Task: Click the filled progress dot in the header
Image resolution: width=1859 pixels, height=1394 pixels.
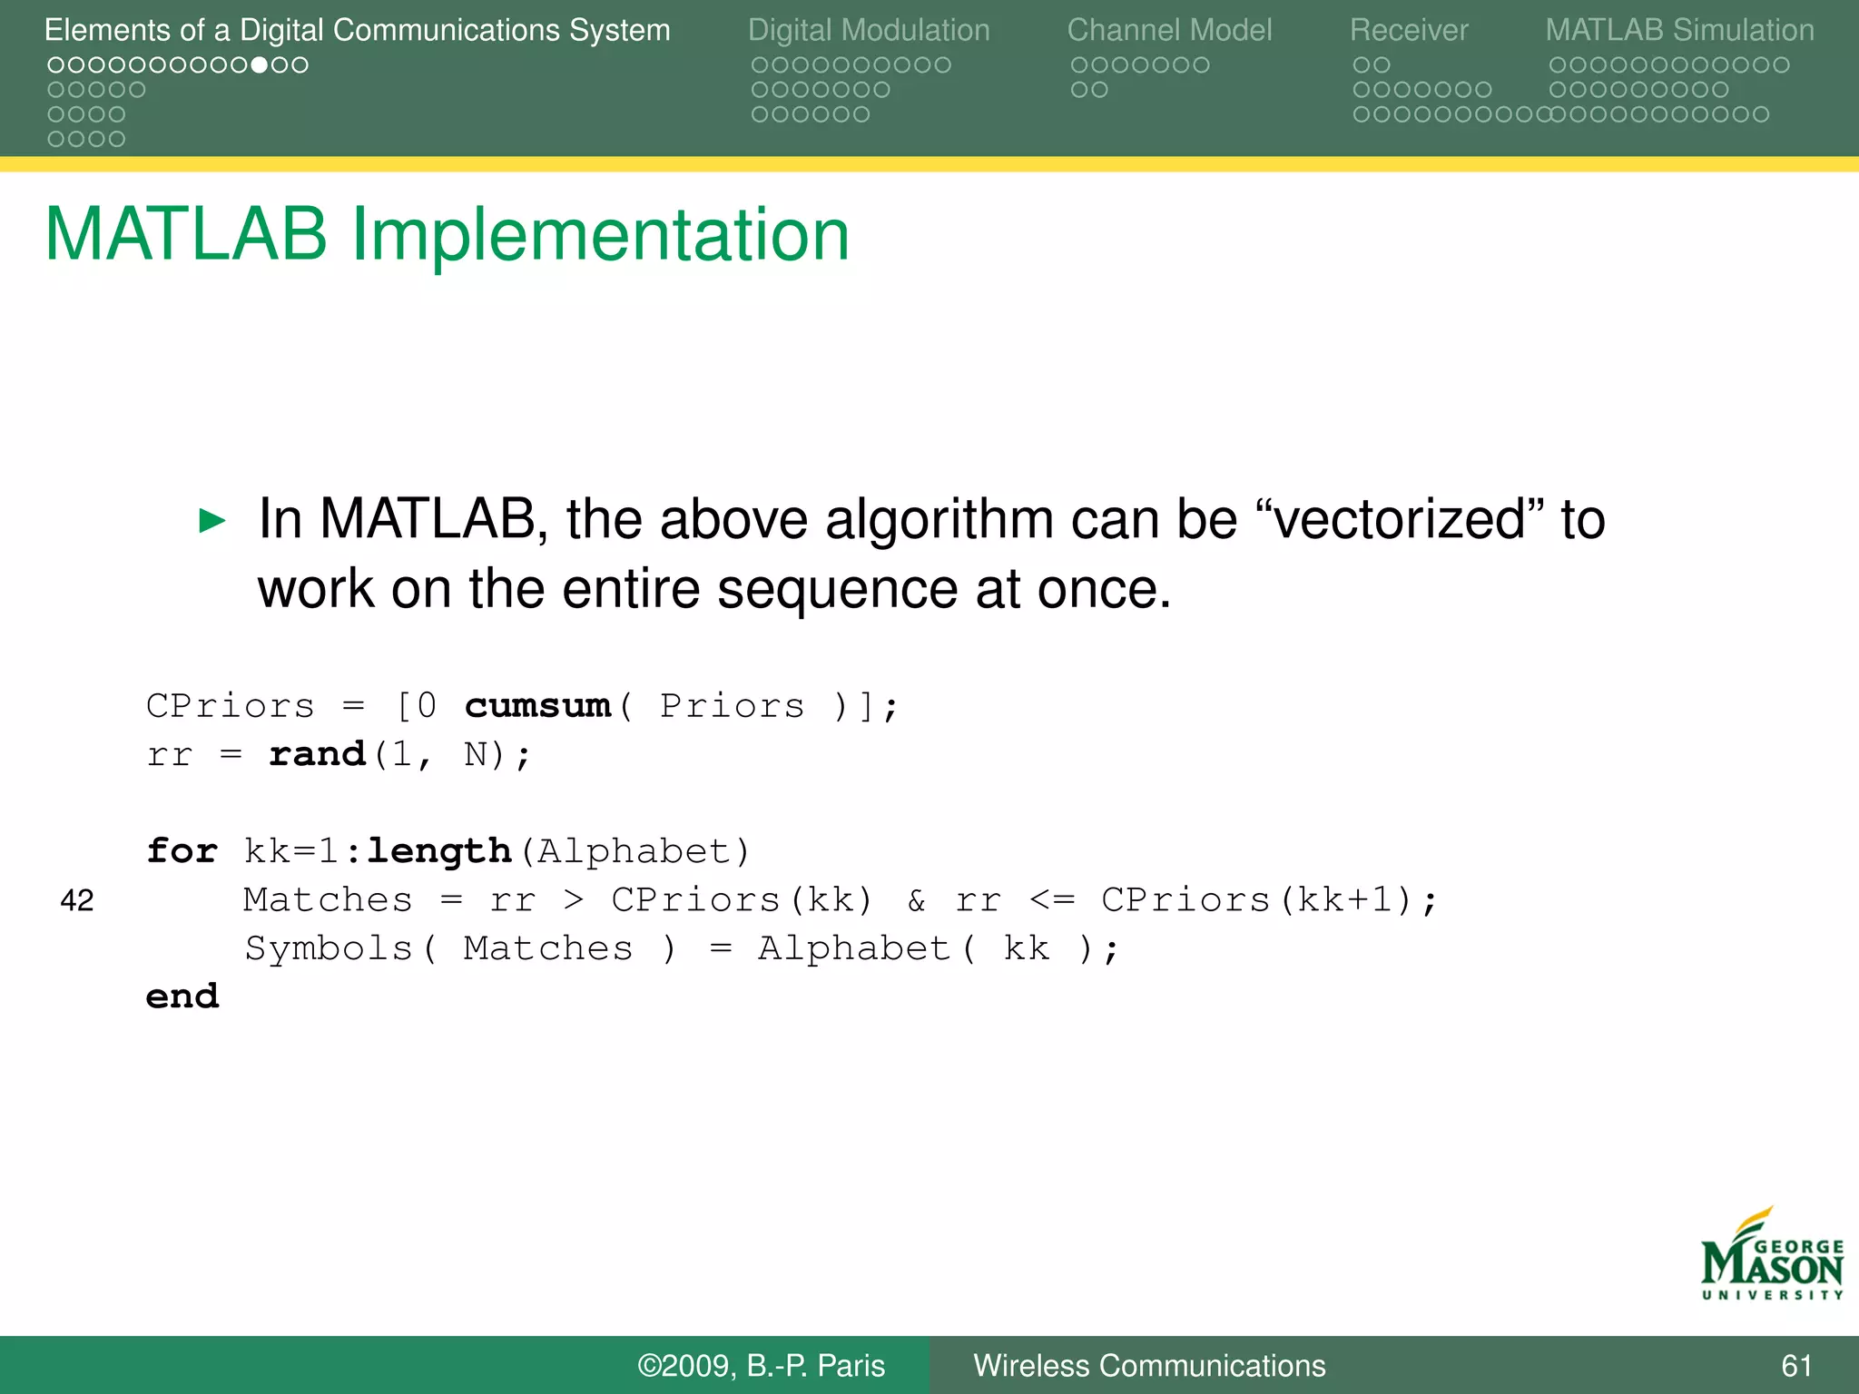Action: click(260, 65)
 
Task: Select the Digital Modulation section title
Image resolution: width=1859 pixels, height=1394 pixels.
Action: click(869, 30)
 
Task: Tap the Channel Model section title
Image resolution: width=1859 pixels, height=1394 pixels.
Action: click(1169, 30)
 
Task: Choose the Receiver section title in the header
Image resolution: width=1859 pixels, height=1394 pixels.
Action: click(1408, 30)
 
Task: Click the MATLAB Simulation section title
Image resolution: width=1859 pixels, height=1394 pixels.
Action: click(1679, 30)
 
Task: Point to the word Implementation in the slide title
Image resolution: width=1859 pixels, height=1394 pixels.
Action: click(600, 235)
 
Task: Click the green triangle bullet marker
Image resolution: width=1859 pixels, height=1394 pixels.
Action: click(211, 521)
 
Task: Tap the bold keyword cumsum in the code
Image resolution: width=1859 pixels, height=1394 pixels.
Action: click(537, 706)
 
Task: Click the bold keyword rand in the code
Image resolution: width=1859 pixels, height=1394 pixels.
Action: click(317, 754)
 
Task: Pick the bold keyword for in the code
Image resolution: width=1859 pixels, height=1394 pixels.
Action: click(182, 851)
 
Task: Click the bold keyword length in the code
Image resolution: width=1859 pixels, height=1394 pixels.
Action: click(439, 851)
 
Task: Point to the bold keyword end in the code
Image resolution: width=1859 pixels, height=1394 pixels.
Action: click(182, 996)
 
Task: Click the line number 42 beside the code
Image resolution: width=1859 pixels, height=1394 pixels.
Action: click(77, 900)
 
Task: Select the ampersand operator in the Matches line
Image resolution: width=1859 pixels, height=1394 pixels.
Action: click(917, 900)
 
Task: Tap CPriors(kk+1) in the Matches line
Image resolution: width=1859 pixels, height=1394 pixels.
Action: click(1256, 900)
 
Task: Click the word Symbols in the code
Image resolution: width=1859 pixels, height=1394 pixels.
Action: click(329, 948)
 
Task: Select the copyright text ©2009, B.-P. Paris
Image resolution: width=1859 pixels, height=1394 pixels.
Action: click(761, 1366)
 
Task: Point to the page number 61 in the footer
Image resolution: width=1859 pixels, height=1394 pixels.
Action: click(1796, 1366)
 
